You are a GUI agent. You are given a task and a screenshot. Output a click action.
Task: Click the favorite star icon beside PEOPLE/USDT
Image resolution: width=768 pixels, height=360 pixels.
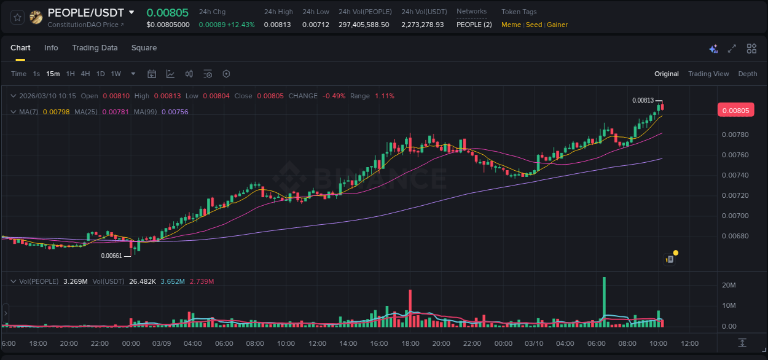[17, 17]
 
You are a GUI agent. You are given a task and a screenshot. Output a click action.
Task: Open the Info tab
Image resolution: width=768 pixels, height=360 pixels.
[51, 48]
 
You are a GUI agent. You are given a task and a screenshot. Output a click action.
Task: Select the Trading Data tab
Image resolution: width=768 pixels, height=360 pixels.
[95, 48]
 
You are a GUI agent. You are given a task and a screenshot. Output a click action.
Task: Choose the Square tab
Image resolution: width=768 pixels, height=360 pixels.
[144, 48]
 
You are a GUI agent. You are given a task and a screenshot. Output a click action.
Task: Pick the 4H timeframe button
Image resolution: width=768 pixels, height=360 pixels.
[85, 74]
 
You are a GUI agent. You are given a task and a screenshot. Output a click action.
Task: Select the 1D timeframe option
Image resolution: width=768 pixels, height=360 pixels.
[100, 74]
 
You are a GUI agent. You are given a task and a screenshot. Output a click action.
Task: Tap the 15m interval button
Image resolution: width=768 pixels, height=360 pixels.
[53, 74]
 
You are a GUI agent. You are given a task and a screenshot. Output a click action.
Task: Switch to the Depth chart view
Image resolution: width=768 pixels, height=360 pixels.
[747, 74]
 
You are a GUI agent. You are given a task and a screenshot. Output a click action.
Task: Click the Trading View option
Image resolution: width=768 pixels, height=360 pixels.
[708, 74]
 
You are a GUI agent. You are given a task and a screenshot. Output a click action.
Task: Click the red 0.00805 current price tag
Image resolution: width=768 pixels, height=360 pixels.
[735, 111]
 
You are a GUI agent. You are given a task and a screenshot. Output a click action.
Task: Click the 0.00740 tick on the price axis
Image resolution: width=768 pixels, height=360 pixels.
[734, 175]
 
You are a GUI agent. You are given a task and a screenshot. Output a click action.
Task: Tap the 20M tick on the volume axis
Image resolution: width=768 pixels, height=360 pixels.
[729, 285]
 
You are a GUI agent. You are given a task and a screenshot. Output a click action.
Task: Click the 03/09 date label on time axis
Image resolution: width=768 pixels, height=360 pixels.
[161, 343]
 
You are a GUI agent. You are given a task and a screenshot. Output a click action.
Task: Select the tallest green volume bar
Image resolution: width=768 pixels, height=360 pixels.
[604, 302]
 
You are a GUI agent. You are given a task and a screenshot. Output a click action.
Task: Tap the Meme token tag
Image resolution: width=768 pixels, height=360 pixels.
[511, 25]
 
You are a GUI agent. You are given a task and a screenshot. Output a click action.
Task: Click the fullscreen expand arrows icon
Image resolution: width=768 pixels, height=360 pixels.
[732, 49]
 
